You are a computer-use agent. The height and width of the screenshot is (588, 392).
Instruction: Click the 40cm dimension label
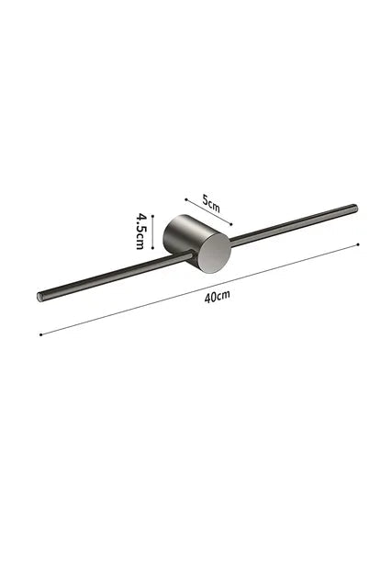coord(217,296)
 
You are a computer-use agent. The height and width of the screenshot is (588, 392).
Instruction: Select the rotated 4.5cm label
coord(140,231)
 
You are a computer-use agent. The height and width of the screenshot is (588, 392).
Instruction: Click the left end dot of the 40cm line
coord(40,334)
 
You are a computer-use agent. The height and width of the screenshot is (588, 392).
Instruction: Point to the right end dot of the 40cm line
coord(358,244)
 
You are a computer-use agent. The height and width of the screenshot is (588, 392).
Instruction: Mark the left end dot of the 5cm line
coord(185,200)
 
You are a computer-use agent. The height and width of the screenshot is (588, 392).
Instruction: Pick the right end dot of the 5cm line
coord(231,224)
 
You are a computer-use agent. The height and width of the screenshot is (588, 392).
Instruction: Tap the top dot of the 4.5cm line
coord(152,216)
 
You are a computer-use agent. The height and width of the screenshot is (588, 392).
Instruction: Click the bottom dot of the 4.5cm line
coord(152,247)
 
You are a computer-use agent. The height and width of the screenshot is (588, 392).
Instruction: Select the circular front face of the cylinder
coord(215,253)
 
